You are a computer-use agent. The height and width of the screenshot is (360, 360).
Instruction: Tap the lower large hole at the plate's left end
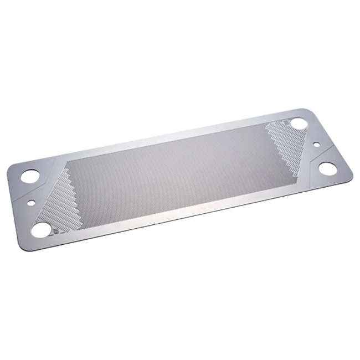[41, 228]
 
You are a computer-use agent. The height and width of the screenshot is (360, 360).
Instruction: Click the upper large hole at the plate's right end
[300, 123]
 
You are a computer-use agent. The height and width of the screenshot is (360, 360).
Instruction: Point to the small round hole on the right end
[316, 145]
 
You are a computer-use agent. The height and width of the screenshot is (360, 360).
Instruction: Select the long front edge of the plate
[188, 215]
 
